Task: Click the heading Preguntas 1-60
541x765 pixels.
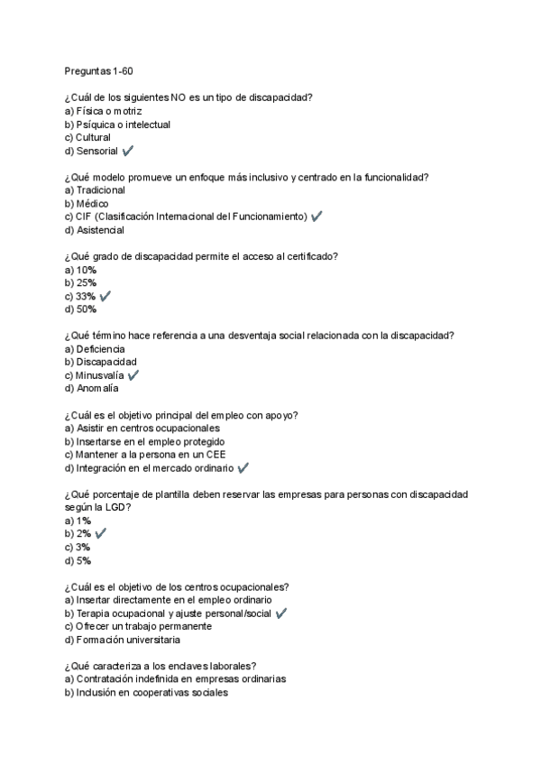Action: tap(99, 71)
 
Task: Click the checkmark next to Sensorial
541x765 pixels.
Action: tap(127, 152)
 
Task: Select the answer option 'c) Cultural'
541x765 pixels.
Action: tap(87, 138)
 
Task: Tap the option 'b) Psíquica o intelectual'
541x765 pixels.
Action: tap(117, 124)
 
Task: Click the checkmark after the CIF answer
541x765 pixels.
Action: tap(316, 217)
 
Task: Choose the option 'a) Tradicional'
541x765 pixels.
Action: tap(95, 190)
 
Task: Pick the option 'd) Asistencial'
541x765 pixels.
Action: tap(95, 230)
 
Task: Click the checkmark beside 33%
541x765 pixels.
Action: tap(105, 296)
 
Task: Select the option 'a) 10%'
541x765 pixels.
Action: tap(80, 270)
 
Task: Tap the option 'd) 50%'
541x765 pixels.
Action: tap(80, 309)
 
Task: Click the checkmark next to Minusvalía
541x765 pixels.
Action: tap(133, 375)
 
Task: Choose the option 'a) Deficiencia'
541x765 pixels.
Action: tap(95, 349)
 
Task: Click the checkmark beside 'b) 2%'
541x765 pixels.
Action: tap(101, 534)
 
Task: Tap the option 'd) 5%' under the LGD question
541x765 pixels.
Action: tap(78, 560)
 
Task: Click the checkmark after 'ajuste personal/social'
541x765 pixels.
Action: tap(281, 613)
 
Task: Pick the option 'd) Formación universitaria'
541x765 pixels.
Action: tap(123, 640)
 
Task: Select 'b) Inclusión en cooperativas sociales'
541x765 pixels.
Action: tap(147, 693)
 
